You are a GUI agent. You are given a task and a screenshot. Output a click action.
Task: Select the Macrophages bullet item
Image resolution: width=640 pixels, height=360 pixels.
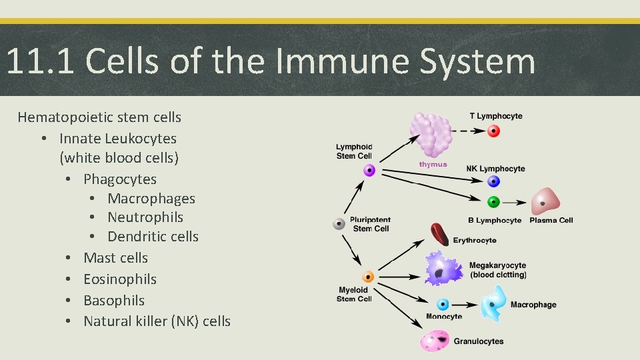(151, 199)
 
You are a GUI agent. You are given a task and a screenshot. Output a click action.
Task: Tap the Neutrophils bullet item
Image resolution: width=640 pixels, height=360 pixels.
(145, 217)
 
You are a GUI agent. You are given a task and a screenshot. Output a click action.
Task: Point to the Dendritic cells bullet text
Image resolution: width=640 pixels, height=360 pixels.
(153, 237)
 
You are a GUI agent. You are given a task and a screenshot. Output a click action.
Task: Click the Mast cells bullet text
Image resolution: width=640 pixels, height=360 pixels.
(115, 258)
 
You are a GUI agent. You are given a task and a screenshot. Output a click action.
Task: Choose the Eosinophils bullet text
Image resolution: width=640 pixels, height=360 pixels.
(120, 279)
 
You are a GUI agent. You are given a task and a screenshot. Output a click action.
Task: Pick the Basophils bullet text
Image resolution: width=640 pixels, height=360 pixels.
(114, 301)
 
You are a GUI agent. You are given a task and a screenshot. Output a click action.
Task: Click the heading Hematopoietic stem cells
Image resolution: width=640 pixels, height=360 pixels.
(99, 117)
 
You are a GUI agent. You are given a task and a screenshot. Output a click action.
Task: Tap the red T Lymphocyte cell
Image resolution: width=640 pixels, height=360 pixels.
(493, 131)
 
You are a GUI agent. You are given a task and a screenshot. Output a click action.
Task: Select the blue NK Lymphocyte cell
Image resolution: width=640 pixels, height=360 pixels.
(493, 181)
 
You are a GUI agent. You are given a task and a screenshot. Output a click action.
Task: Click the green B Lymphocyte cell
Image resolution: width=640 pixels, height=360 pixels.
(493, 201)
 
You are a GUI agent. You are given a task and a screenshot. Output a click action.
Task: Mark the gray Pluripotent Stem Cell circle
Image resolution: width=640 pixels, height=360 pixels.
(339, 224)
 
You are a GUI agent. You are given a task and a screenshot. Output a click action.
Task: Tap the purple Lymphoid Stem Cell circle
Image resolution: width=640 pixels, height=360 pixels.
(369, 171)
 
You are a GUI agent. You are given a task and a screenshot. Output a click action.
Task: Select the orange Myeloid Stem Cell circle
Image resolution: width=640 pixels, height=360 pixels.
(368, 277)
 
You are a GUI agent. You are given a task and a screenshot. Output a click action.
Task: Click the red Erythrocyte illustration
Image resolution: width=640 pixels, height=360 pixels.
(439, 235)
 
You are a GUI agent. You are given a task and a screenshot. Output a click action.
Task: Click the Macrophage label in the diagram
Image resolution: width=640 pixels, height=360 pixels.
(533, 305)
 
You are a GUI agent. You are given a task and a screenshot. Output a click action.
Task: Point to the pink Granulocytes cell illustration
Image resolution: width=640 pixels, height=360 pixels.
(435, 341)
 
